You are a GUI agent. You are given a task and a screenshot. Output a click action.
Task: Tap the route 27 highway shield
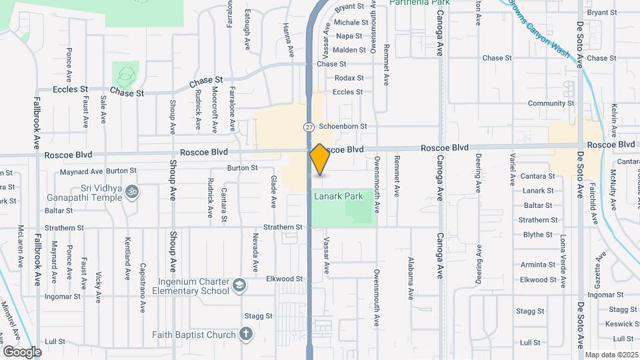(309, 127)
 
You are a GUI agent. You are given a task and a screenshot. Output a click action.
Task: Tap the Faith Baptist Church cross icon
(246, 334)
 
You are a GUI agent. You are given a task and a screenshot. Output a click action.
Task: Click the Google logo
(22, 351)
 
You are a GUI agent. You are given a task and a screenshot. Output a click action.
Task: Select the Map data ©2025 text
(611, 355)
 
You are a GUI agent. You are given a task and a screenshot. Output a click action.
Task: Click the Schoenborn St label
(343, 126)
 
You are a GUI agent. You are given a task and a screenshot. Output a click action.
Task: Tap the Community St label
(551, 103)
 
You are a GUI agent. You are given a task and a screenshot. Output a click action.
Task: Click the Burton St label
(242, 168)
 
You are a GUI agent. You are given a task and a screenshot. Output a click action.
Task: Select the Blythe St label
(538, 235)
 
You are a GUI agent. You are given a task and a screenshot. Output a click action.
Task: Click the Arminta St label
(538, 265)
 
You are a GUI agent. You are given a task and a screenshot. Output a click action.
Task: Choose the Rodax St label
(349, 78)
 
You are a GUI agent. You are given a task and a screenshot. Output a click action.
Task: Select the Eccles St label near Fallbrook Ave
(71, 89)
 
